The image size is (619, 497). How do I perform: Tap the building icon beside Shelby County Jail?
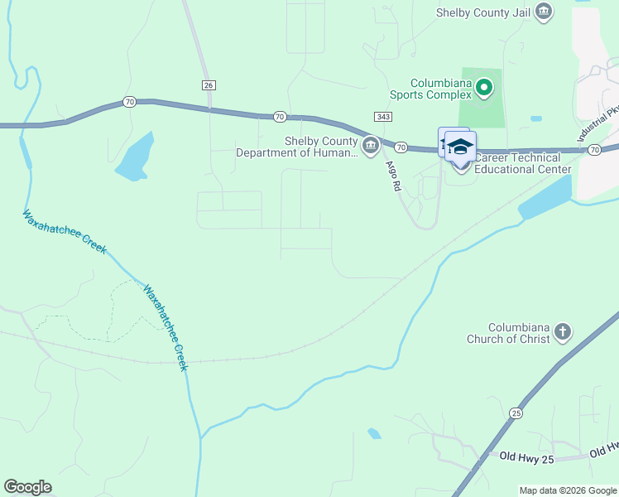click(x=544, y=12)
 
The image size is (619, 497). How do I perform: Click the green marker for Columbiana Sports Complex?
click(x=484, y=85)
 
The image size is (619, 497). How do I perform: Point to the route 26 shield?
click(x=208, y=85)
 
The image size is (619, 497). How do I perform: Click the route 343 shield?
click(x=382, y=117)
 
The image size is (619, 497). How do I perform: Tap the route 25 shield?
click(x=517, y=413)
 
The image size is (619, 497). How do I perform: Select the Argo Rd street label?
click(x=393, y=176)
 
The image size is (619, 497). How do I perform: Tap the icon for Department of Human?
click(x=370, y=147)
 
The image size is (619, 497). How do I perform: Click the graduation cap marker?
click(x=460, y=147)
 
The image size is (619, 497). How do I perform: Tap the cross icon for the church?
click(x=562, y=332)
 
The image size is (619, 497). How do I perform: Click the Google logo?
click(x=27, y=487)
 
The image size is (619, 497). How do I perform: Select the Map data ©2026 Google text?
click(x=569, y=490)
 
